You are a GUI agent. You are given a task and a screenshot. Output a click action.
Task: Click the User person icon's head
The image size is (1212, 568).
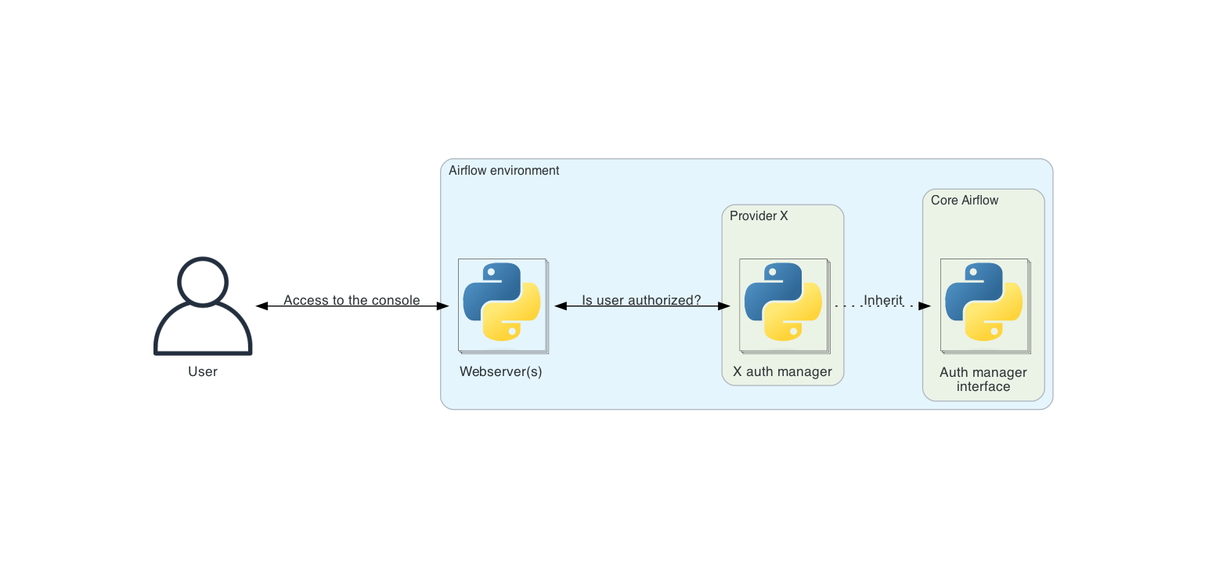click(203, 281)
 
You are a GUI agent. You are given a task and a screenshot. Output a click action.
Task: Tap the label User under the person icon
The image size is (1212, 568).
click(203, 371)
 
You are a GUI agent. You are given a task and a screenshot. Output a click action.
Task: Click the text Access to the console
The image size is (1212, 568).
click(352, 300)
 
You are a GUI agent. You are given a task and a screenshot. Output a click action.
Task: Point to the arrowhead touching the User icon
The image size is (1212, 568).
click(262, 306)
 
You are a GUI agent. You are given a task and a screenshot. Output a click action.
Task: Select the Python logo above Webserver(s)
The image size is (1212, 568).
click(502, 302)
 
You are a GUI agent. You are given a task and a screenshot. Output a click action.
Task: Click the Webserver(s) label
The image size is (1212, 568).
click(501, 371)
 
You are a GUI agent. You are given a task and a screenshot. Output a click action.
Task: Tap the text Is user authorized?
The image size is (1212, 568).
click(641, 300)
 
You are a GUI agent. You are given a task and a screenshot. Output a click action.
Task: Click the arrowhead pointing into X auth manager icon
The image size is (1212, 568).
click(723, 306)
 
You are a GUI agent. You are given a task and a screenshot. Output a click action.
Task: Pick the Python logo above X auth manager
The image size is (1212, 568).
click(783, 302)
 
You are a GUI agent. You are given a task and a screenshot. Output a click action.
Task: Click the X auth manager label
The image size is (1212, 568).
click(782, 371)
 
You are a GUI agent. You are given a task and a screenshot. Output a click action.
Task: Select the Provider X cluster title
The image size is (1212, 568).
click(759, 215)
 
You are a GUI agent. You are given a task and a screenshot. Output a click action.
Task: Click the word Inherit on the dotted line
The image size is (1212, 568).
click(883, 300)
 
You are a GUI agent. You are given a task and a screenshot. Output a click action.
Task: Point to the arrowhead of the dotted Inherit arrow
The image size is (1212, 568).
click(924, 306)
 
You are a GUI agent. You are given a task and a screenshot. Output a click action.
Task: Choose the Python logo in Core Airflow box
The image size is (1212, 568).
click(984, 302)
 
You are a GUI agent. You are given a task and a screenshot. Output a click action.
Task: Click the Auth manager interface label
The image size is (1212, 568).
click(983, 379)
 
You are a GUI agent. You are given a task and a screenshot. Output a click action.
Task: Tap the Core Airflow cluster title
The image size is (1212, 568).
click(965, 200)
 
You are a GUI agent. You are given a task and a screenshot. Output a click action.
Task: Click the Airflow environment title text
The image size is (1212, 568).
click(503, 170)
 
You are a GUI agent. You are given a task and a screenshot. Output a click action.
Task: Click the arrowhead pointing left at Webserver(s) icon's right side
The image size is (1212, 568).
click(561, 306)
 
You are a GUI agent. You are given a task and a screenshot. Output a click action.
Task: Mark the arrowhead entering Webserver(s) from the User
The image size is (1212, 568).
click(442, 306)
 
